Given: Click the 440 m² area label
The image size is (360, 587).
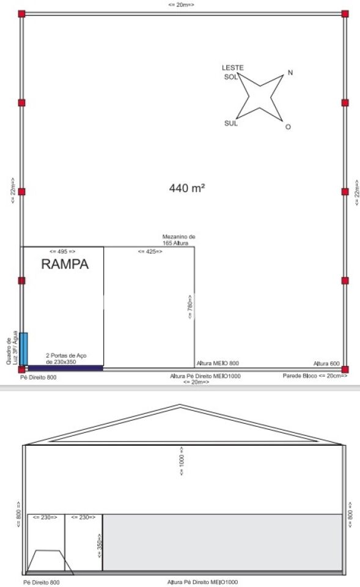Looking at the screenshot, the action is [x=187, y=188].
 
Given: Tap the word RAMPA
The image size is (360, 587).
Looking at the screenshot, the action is [x=65, y=264].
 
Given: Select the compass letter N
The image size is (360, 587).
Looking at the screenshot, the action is [x=290, y=73].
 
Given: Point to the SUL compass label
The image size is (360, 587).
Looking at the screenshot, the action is [x=231, y=123].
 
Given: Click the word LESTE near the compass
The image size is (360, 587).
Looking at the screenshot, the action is [x=233, y=68].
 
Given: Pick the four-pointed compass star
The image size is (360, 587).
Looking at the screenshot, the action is [x=260, y=97].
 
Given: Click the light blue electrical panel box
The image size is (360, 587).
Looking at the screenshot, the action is [x=24, y=349].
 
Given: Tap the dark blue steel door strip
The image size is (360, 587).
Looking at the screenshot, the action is [x=65, y=368].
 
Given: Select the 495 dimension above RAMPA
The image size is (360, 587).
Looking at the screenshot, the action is [x=62, y=251].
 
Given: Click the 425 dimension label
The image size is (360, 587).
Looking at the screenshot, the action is [x=150, y=251].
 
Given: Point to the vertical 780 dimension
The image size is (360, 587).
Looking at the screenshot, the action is [x=190, y=306].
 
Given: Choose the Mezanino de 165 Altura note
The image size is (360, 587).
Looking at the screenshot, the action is [x=178, y=240].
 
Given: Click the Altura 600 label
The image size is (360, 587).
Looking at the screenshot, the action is [x=326, y=363].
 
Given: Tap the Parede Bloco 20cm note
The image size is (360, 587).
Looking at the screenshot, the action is [x=315, y=375].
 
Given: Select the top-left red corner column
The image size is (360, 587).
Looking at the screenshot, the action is [x=22, y=14].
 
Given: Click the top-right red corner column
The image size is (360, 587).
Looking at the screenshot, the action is [x=345, y=14].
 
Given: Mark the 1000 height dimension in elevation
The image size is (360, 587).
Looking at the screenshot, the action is [x=182, y=460].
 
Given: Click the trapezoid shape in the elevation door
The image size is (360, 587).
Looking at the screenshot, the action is [x=50, y=562].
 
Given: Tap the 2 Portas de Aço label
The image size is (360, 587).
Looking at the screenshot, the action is [x=66, y=359].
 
